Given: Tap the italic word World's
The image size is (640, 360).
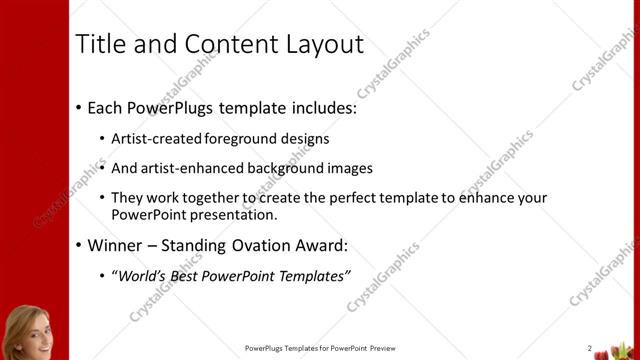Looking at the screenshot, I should (x=143, y=275).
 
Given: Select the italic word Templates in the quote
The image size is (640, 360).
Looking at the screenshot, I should (x=312, y=275).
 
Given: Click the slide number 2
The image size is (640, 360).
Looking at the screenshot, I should (x=590, y=348).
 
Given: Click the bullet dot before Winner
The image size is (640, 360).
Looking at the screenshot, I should (x=79, y=245).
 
